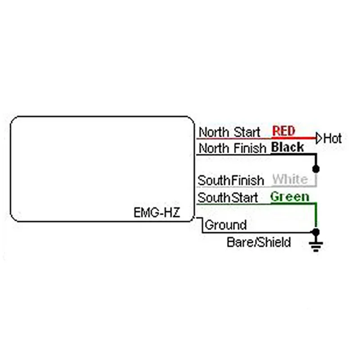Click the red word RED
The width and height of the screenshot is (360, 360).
283,131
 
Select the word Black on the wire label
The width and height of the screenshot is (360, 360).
288,147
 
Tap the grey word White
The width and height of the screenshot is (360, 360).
290,179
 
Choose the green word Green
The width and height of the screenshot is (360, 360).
290,197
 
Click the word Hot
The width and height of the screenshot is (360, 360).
333,139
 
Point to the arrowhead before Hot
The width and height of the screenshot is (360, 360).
319,139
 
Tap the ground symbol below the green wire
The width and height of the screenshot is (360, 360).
316,245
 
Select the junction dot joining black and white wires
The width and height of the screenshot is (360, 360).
316,169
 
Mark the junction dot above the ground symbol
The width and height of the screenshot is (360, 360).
316,232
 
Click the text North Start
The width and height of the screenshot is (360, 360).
229,132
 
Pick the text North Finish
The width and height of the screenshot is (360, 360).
232,148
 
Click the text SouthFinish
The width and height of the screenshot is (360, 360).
231,180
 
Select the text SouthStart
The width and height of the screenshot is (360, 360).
228,198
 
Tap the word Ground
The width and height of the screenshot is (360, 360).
225,225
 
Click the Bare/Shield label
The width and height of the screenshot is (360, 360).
259,242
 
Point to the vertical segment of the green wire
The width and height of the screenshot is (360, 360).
316,216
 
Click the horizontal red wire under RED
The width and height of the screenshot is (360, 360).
292,138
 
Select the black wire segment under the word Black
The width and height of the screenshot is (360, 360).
292,154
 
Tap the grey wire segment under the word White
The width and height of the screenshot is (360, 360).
292,186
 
